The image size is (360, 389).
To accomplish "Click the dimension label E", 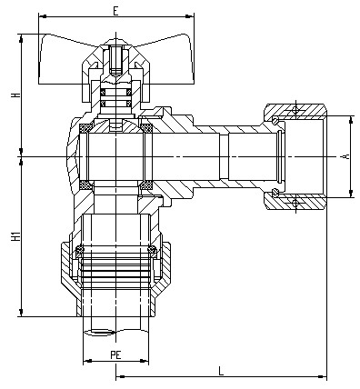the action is coord(115,11).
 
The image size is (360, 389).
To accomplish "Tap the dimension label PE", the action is coord(115,354).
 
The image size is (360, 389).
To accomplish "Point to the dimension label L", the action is coord(221,371).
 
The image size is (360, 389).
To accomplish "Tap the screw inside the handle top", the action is coord(115,61).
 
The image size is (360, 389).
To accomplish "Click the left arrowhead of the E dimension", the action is coord(43,16).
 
